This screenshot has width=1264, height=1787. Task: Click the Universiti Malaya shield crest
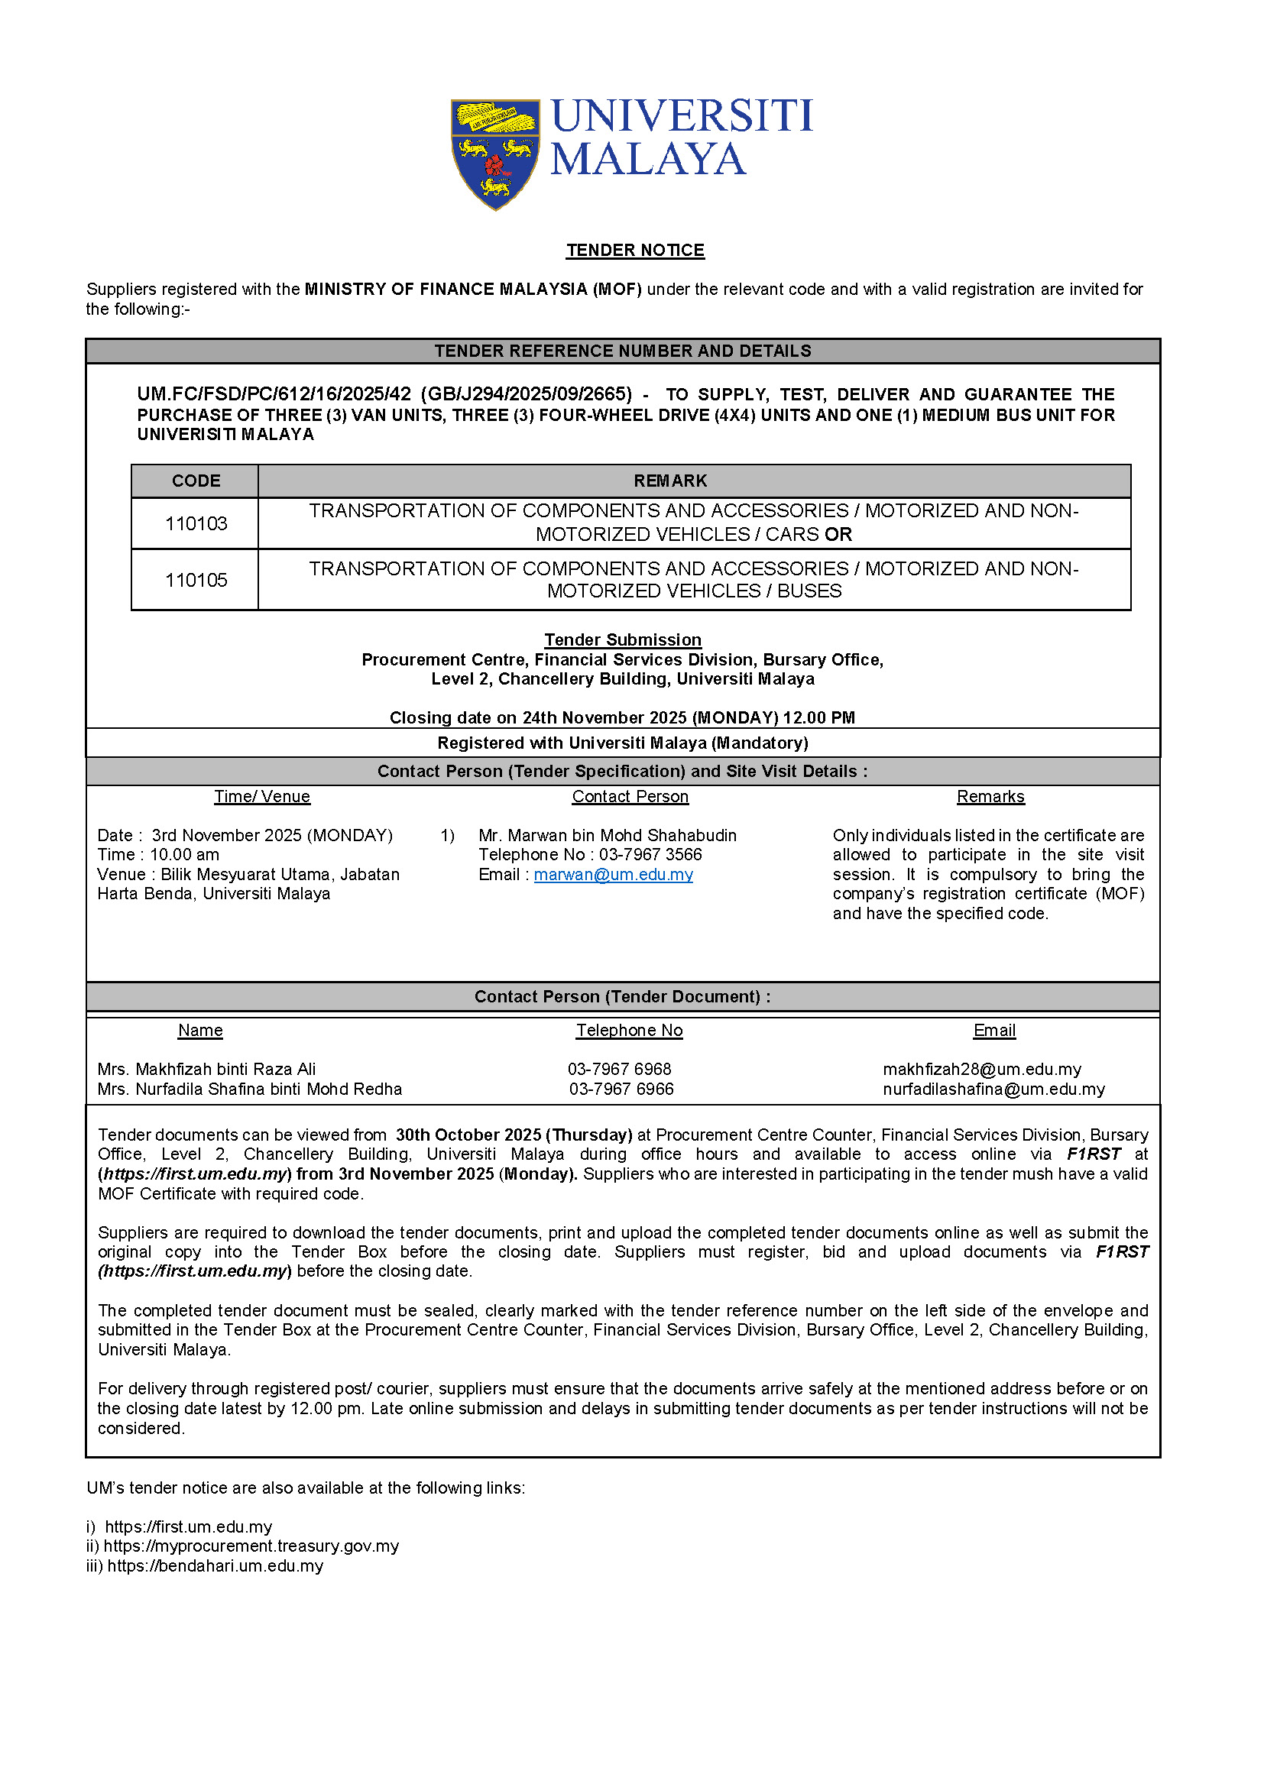(x=495, y=154)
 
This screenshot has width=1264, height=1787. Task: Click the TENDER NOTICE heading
(x=635, y=250)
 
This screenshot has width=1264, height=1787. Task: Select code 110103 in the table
(x=196, y=524)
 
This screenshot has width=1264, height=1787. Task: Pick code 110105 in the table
(x=196, y=580)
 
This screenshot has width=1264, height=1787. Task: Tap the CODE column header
(x=196, y=481)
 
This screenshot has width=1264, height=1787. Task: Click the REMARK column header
(x=670, y=481)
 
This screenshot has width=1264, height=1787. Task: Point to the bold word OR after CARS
(x=838, y=535)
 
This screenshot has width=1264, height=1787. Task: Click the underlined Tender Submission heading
(x=623, y=639)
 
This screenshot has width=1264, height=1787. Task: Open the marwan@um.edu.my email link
(x=614, y=875)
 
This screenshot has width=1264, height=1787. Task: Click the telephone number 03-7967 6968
(x=620, y=1070)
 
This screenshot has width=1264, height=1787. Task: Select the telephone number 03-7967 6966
(x=621, y=1089)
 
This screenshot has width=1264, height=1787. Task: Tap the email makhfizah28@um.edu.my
(x=982, y=1070)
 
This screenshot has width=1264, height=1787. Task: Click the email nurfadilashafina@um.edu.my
(x=994, y=1089)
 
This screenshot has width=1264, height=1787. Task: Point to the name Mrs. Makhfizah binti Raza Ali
(x=207, y=1070)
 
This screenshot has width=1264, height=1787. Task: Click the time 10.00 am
(x=184, y=855)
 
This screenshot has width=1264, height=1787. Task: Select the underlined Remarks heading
(x=990, y=796)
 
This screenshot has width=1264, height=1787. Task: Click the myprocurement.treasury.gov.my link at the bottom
(x=251, y=1546)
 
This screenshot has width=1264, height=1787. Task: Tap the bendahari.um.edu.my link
(x=216, y=1566)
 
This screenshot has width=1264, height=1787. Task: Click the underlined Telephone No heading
(x=629, y=1031)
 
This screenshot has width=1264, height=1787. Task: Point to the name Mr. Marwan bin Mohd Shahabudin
(x=607, y=835)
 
